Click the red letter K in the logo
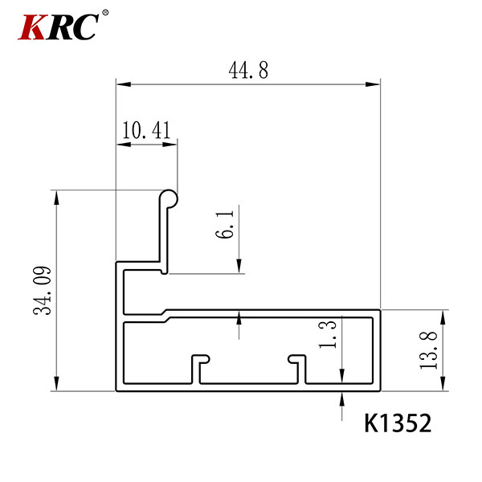coord(32,27)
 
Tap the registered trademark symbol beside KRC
coord(105,13)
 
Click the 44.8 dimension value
coord(248,70)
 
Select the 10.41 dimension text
coord(146,130)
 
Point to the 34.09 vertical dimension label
coord(42,291)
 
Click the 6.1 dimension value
coord(224,224)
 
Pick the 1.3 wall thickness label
coord(328,334)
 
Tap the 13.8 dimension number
coord(428,350)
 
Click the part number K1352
coord(398,423)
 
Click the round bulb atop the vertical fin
coord(169,198)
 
